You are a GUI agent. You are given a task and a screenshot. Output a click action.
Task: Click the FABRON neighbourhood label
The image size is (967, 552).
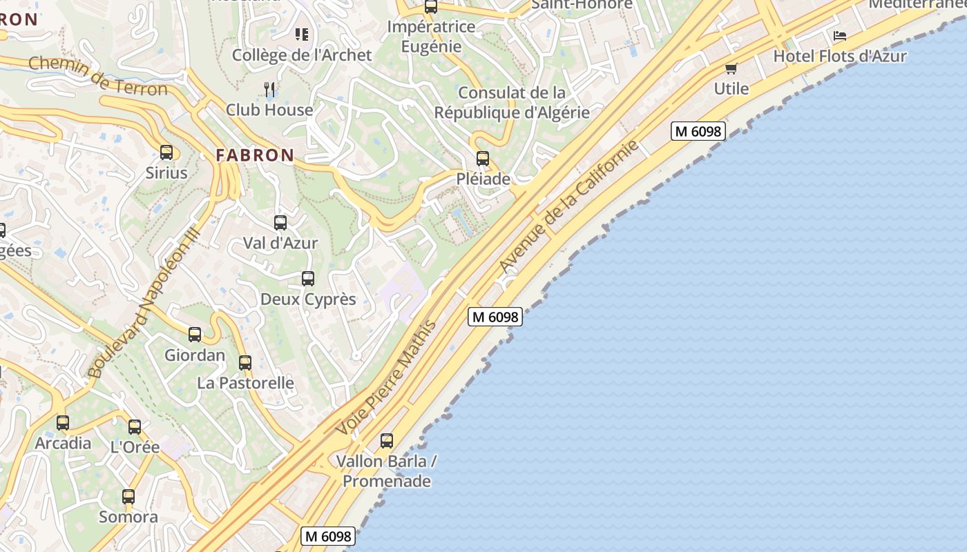point(255,155)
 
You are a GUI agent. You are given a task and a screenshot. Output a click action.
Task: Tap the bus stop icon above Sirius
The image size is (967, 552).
point(166,152)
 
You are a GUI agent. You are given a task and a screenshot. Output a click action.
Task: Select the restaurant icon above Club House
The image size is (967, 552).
point(270,89)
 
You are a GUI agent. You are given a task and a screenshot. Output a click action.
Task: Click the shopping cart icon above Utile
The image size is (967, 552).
point(731,68)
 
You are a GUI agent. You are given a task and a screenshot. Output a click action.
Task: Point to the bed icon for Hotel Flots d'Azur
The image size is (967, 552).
point(840,35)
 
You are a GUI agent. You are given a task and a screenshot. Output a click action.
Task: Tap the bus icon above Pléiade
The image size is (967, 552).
point(483,159)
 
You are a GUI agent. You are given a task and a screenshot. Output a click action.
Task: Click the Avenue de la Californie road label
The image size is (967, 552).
point(568,206)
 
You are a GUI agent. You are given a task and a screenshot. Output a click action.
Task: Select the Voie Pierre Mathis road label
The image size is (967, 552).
point(386,377)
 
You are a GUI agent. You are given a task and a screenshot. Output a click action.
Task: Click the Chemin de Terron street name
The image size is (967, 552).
point(98,77)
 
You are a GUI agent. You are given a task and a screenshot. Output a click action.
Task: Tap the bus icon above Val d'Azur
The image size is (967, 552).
point(280,223)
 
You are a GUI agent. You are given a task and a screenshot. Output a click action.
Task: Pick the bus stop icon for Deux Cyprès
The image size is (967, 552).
point(308,279)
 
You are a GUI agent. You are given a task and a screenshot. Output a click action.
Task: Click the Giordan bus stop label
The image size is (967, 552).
point(195,355)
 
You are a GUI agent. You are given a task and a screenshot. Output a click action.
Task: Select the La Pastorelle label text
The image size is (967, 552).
point(245,383)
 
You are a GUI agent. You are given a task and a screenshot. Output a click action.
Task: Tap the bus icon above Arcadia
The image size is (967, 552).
point(63,423)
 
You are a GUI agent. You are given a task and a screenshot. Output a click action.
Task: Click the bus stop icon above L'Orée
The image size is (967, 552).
point(135,427)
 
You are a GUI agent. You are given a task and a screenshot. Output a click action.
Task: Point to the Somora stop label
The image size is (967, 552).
point(128,517)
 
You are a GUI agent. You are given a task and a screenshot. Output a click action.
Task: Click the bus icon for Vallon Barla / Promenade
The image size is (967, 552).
point(387,441)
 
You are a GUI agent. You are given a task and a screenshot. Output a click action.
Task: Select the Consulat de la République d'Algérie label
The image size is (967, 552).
point(512,102)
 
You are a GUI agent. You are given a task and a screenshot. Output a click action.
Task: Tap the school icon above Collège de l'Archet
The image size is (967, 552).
point(302,34)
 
